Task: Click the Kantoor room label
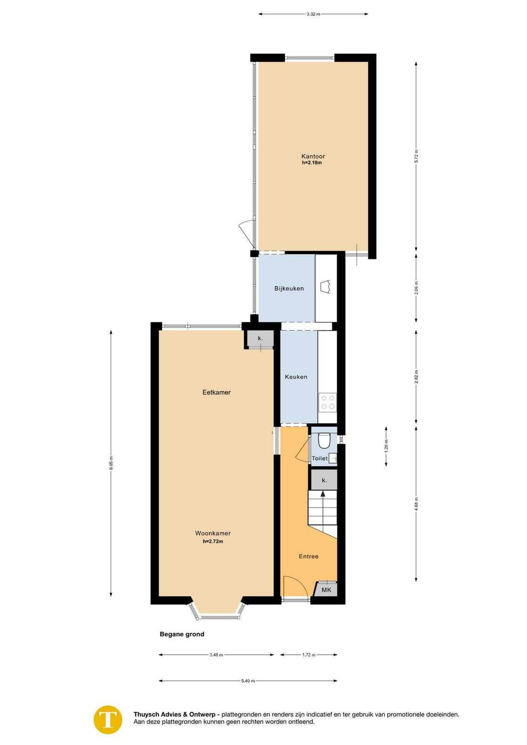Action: point(313,156)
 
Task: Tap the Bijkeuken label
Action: point(289,288)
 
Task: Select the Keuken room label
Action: point(296,377)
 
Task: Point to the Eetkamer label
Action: point(216,392)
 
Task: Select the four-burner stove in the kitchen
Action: point(327,403)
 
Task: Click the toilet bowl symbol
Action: point(324,440)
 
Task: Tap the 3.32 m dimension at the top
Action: point(313,14)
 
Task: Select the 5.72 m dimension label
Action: point(416,156)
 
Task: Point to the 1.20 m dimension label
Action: point(386,447)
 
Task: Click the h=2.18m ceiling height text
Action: point(312,163)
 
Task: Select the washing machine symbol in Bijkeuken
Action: point(326,287)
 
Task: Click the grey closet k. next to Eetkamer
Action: point(260,339)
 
